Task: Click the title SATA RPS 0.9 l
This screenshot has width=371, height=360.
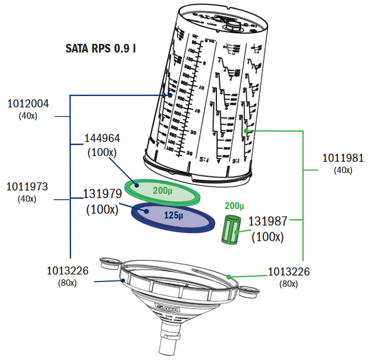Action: pyautogui.click(x=100, y=48)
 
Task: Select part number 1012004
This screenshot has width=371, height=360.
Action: pyautogui.click(x=28, y=104)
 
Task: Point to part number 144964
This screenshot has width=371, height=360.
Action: pyautogui.click(x=102, y=139)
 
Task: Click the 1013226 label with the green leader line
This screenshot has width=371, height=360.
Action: pyautogui.click(x=289, y=272)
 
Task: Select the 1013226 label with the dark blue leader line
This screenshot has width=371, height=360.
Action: pyautogui.click(x=68, y=270)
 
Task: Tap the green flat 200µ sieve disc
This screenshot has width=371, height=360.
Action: pyautogui.click(x=163, y=189)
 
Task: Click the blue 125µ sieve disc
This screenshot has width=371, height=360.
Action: pyautogui.click(x=173, y=216)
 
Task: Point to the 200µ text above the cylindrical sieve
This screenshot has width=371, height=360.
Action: pyautogui.click(x=235, y=206)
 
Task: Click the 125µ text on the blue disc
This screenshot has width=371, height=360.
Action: pyautogui.click(x=175, y=215)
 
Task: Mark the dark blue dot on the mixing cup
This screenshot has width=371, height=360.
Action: pyautogui.click(x=170, y=95)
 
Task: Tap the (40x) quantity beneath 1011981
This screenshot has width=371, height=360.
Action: pyautogui.click(x=342, y=170)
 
